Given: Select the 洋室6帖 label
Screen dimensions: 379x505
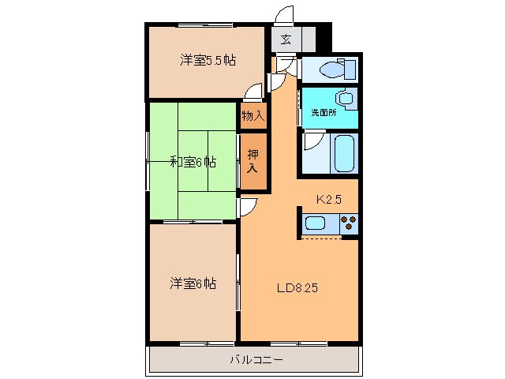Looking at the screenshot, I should (x=193, y=283).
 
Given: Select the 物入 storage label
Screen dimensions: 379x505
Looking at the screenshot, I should (x=252, y=116).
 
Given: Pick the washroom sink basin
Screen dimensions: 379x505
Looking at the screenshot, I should (x=345, y=100).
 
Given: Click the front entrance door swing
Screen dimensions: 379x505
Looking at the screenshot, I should (x=286, y=16).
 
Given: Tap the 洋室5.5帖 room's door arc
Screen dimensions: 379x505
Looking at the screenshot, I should (x=254, y=92).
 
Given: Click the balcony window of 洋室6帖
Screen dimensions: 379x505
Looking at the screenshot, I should (x=207, y=343).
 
